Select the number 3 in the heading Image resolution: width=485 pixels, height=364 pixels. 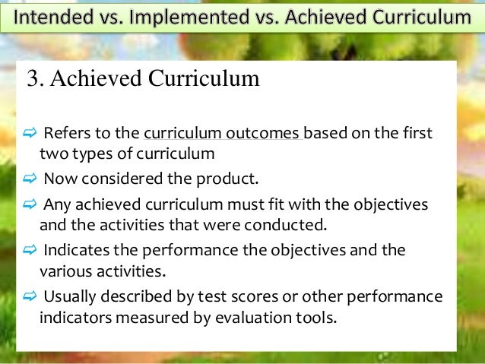[x=32, y=79]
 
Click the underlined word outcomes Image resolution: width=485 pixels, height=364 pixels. [x=263, y=135]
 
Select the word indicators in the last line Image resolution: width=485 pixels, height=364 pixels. [x=72, y=316]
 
